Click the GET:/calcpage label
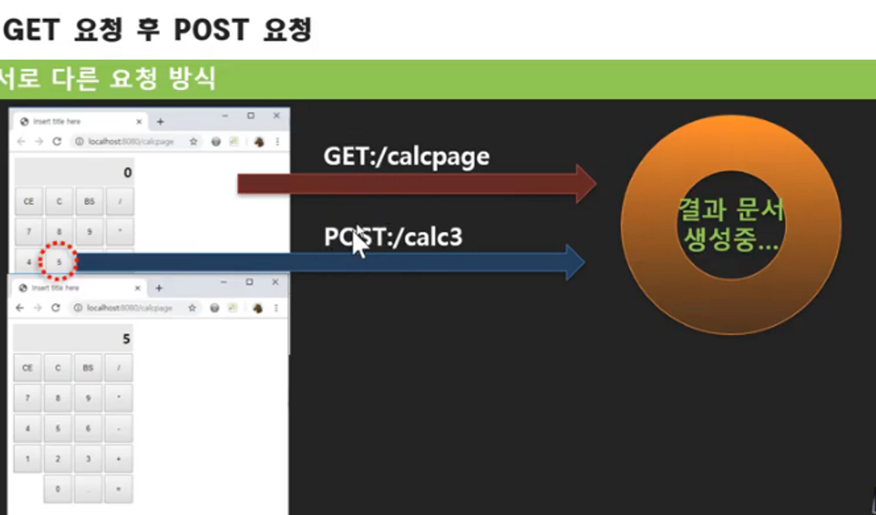[406, 157]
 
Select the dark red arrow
[415, 184]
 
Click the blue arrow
[329, 262]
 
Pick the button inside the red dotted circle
[59, 262]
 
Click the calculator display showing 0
[74, 173]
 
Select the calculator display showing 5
[73, 339]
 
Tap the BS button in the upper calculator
[89, 202]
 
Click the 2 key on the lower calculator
[58, 459]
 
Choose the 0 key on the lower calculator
[58, 489]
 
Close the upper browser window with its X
[277, 116]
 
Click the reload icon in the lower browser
[56, 308]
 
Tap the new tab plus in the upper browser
[160, 122]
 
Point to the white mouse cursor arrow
[359, 242]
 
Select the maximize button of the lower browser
[250, 282]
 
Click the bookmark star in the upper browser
[194, 142]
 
